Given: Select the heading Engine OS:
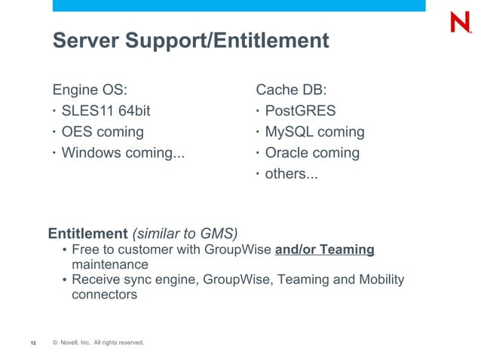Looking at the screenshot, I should click(x=94, y=90).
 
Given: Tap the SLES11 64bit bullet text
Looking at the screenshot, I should click(x=106, y=111).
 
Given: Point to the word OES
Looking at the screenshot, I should click(x=76, y=132).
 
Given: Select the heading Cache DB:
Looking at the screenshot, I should click(x=291, y=90).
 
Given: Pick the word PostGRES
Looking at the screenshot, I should click(x=300, y=111).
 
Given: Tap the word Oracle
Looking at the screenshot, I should click(x=289, y=153).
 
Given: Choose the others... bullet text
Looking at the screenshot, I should click(x=291, y=174).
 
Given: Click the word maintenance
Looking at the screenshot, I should click(x=110, y=265).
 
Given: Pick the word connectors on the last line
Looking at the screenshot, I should click(x=104, y=295).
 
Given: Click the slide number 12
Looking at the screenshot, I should click(x=33, y=343).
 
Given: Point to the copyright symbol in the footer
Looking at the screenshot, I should click(x=56, y=343).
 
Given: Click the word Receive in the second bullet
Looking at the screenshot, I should click(x=97, y=280).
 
